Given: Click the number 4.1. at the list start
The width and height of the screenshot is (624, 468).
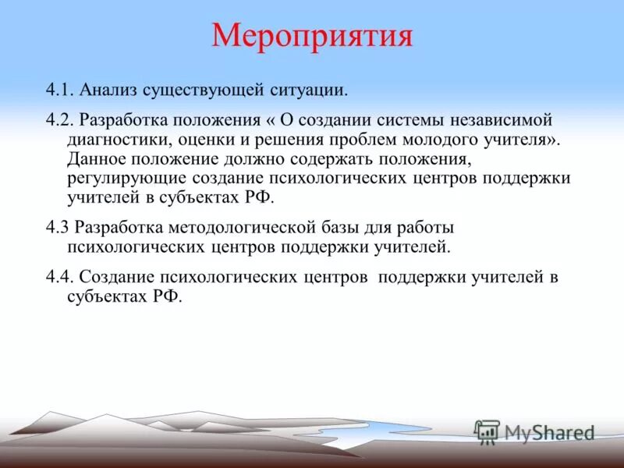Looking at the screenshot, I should point(59,90).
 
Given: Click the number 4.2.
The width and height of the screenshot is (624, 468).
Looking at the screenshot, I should point(59,121).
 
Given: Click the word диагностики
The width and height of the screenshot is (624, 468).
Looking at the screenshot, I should point(115,140).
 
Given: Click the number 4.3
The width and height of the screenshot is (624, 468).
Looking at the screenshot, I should point(58,228).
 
